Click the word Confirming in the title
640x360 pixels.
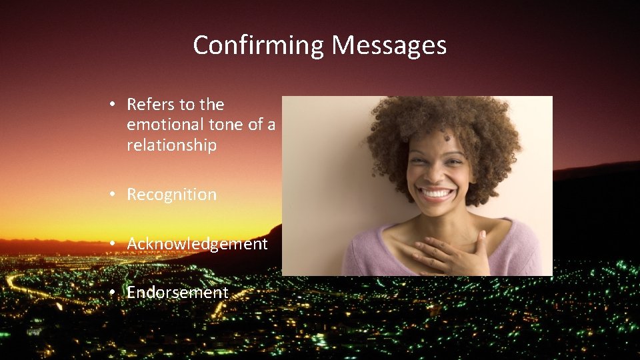pyautogui.click(x=259, y=46)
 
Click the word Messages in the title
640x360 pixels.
pyautogui.click(x=389, y=46)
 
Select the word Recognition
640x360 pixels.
pyautogui.click(x=171, y=195)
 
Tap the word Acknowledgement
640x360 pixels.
pyautogui.click(x=197, y=244)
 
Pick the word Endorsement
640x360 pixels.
pyautogui.click(x=177, y=293)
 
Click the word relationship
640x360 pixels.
pyautogui.click(x=171, y=145)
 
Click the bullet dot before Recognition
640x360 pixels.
pyautogui.click(x=115, y=195)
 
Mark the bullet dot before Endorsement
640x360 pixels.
pyautogui.click(x=115, y=293)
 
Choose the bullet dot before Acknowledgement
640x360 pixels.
pyautogui.click(x=115, y=244)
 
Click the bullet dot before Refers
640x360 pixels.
pyautogui.click(x=115, y=105)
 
